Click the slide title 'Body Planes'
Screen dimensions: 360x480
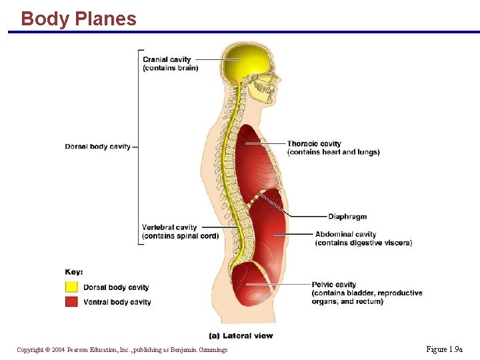tap(79, 19)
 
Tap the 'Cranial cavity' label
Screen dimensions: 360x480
tap(167, 59)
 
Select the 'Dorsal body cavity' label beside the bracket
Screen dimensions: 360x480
tap(98, 147)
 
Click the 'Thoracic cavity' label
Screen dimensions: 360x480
tap(314, 143)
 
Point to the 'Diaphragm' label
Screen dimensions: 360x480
tap(347, 217)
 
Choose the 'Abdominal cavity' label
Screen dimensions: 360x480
tap(345, 234)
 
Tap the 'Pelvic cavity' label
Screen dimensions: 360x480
tap(334, 285)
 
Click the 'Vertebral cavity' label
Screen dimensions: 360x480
tap(169, 227)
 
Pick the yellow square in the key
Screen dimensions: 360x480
tap(71, 287)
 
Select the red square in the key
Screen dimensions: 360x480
tap(71, 302)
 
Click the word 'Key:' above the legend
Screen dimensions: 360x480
tap(74, 272)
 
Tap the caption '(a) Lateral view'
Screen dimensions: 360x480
tap(241, 335)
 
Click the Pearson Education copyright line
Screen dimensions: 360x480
tap(122, 350)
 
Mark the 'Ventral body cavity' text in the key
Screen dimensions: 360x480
tap(117, 302)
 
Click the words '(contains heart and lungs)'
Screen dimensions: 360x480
tap(333, 152)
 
